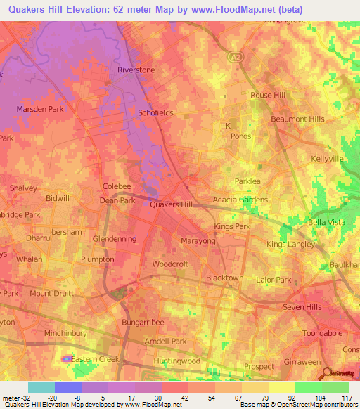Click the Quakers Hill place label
[x=172, y=204]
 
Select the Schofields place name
[x=155, y=112]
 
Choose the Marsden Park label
[x=36, y=109]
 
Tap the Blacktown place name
[x=224, y=278]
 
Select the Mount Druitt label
[x=51, y=293]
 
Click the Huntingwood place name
[x=176, y=361]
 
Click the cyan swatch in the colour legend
[x=41, y=387]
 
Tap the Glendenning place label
[x=114, y=238]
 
